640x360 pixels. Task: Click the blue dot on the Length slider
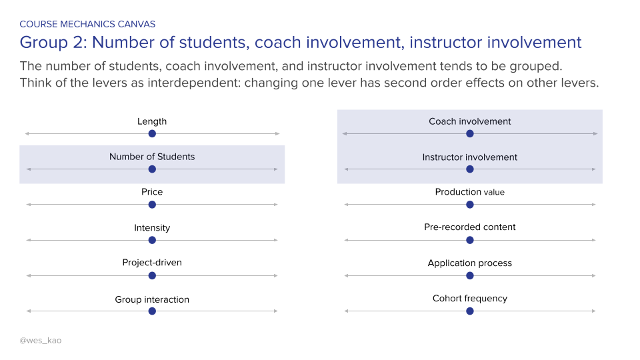pyautogui.click(x=152, y=133)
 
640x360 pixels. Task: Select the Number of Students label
pyautogui.click(x=152, y=157)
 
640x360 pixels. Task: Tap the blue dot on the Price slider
pyautogui.click(x=152, y=204)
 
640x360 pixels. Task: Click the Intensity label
pyautogui.click(x=152, y=228)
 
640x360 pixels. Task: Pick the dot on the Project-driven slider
pyautogui.click(x=152, y=275)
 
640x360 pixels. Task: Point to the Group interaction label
pyautogui.click(x=152, y=299)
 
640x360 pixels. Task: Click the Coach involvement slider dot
pyautogui.click(x=470, y=133)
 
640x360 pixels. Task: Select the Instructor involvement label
pyautogui.click(x=470, y=157)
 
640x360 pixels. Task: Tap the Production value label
pyautogui.click(x=470, y=192)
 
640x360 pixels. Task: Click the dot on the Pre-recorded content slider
pyautogui.click(x=470, y=239)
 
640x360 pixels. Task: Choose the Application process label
pyautogui.click(x=470, y=263)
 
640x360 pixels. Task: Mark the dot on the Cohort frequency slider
pyautogui.click(x=470, y=311)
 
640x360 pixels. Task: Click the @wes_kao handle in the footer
pyautogui.click(x=40, y=341)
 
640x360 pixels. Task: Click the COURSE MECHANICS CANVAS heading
pyautogui.click(x=87, y=24)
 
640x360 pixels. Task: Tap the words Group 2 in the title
pyautogui.click(x=52, y=43)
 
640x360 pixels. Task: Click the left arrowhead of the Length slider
pyautogui.click(x=27, y=133)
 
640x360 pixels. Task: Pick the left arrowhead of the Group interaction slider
pyautogui.click(x=27, y=311)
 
